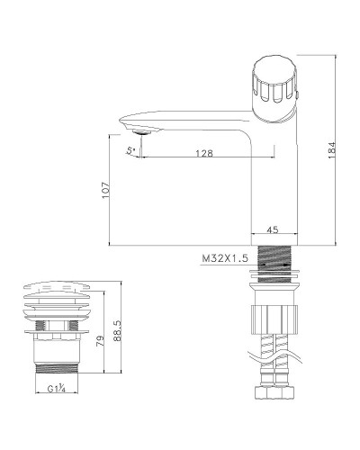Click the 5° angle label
131,150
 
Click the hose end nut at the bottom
275,397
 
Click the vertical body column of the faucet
275,180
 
